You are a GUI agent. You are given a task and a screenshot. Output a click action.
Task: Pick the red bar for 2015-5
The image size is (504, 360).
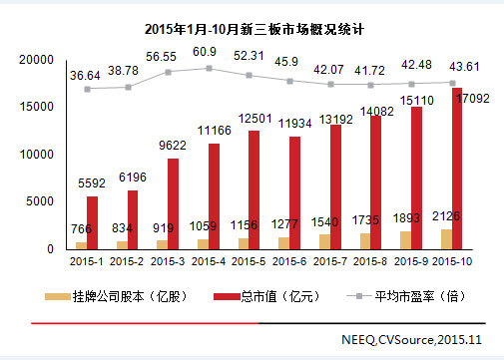click(254, 188)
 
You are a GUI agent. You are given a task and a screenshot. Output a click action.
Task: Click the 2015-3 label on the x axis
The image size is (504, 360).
click(166, 261)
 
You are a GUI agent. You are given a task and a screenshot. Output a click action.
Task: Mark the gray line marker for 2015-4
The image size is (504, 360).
click(209, 69)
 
